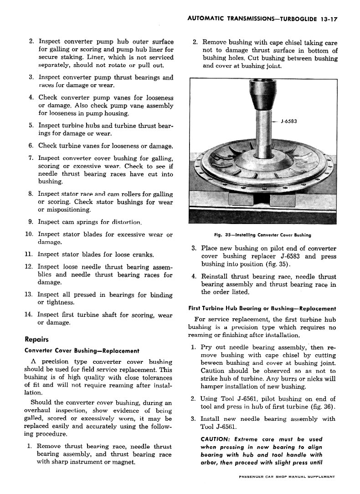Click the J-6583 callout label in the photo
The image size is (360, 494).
point(288,121)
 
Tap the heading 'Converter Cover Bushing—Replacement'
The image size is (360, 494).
point(82,351)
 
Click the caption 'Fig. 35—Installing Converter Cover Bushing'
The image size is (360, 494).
point(262,235)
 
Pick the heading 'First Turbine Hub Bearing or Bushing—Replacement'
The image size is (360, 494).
point(262,308)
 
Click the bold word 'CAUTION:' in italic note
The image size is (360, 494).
point(215,439)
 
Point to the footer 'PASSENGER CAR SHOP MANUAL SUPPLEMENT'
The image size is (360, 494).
point(287,477)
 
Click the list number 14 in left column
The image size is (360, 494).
point(28,314)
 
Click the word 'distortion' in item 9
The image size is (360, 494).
point(125,222)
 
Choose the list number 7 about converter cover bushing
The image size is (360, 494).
point(31,158)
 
